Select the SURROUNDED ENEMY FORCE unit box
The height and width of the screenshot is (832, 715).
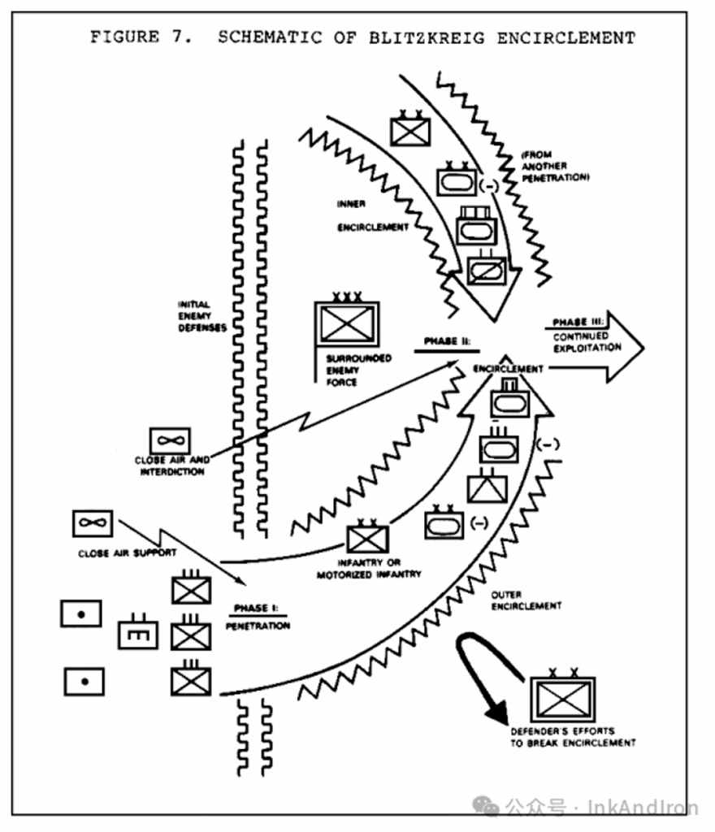click(x=347, y=323)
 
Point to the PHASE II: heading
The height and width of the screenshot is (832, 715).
click(x=444, y=341)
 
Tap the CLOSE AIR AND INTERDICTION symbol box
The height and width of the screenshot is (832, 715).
click(x=170, y=441)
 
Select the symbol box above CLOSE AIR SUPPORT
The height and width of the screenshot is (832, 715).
click(x=93, y=524)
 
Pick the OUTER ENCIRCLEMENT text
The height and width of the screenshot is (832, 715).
click(x=526, y=600)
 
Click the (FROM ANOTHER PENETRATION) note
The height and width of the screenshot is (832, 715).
click(x=555, y=165)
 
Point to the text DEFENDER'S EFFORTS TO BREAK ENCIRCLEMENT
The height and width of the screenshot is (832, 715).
click(x=573, y=736)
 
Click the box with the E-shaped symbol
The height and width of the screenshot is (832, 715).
click(x=138, y=634)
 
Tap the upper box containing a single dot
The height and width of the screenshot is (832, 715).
click(x=81, y=613)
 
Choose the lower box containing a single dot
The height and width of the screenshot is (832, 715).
click(x=84, y=681)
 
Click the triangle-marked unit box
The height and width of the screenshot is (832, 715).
click(x=487, y=488)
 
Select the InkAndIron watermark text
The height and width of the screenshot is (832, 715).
click(x=643, y=807)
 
